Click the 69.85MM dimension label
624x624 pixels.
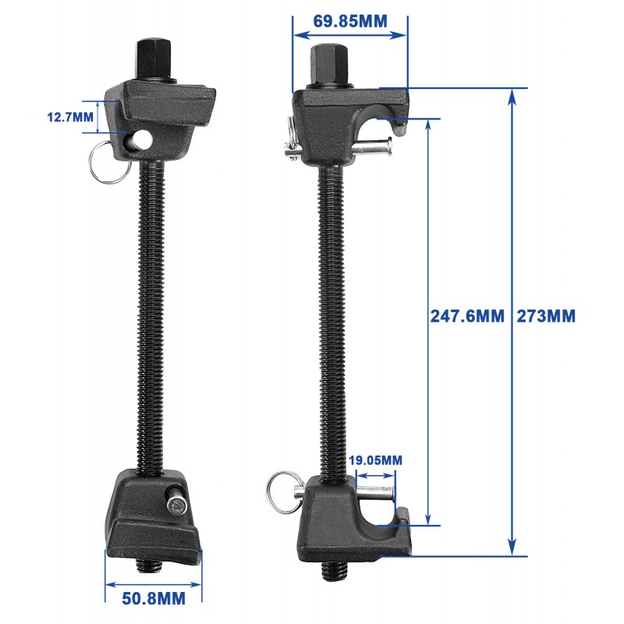click(x=350, y=21)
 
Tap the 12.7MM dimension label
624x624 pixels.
click(x=70, y=117)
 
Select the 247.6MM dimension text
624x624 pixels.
click(x=467, y=317)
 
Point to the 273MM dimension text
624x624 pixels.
click(x=546, y=317)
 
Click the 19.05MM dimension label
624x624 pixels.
click(x=376, y=460)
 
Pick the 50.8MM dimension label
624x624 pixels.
click(x=154, y=598)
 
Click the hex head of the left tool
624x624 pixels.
click(x=154, y=60)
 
